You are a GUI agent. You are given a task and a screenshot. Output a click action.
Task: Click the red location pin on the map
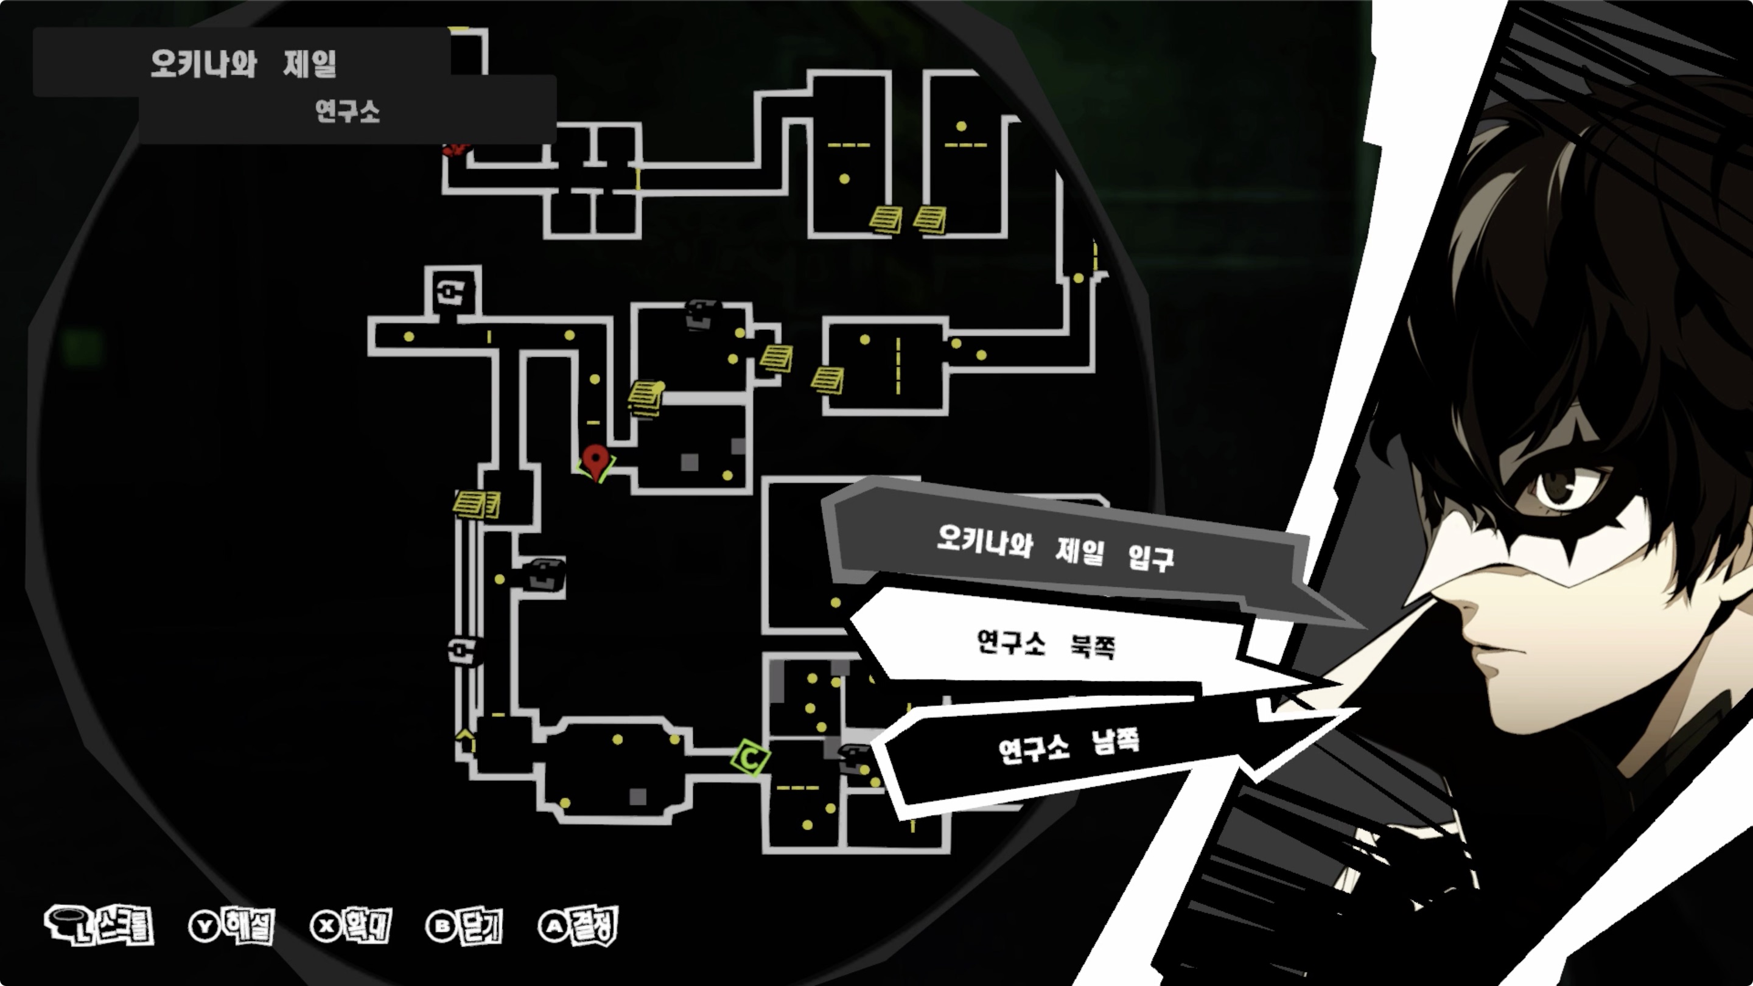coord(595,460)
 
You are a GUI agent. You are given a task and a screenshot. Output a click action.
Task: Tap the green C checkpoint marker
coord(750,757)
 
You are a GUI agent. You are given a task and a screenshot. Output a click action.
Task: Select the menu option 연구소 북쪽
coord(1045,643)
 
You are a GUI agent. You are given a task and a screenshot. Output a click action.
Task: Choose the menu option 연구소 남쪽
coord(1068,746)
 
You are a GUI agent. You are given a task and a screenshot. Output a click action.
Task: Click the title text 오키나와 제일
coord(243,64)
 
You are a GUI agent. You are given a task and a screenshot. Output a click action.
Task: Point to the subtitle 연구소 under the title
coord(347,111)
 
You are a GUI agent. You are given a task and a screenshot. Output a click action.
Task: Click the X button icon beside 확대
coord(326,926)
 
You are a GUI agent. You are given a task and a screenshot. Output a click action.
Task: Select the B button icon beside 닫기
coord(442,926)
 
